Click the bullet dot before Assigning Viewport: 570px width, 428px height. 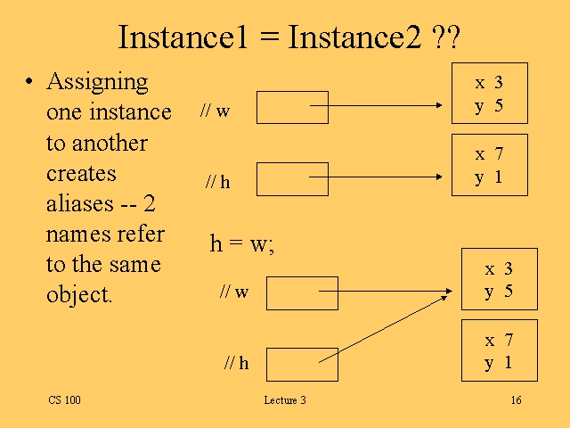pos(28,83)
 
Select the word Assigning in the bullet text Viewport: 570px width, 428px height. pos(97,82)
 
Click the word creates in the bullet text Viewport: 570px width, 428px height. pos(81,173)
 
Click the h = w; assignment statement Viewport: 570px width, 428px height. pos(241,244)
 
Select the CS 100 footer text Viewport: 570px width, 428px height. pos(64,400)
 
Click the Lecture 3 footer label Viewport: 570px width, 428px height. pos(284,400)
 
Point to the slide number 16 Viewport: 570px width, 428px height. pos(516,400)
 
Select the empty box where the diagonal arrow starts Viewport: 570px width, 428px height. pos(302,364)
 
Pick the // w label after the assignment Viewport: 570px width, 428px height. pos(234,292)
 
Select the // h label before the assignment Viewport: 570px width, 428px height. pos(217,182)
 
